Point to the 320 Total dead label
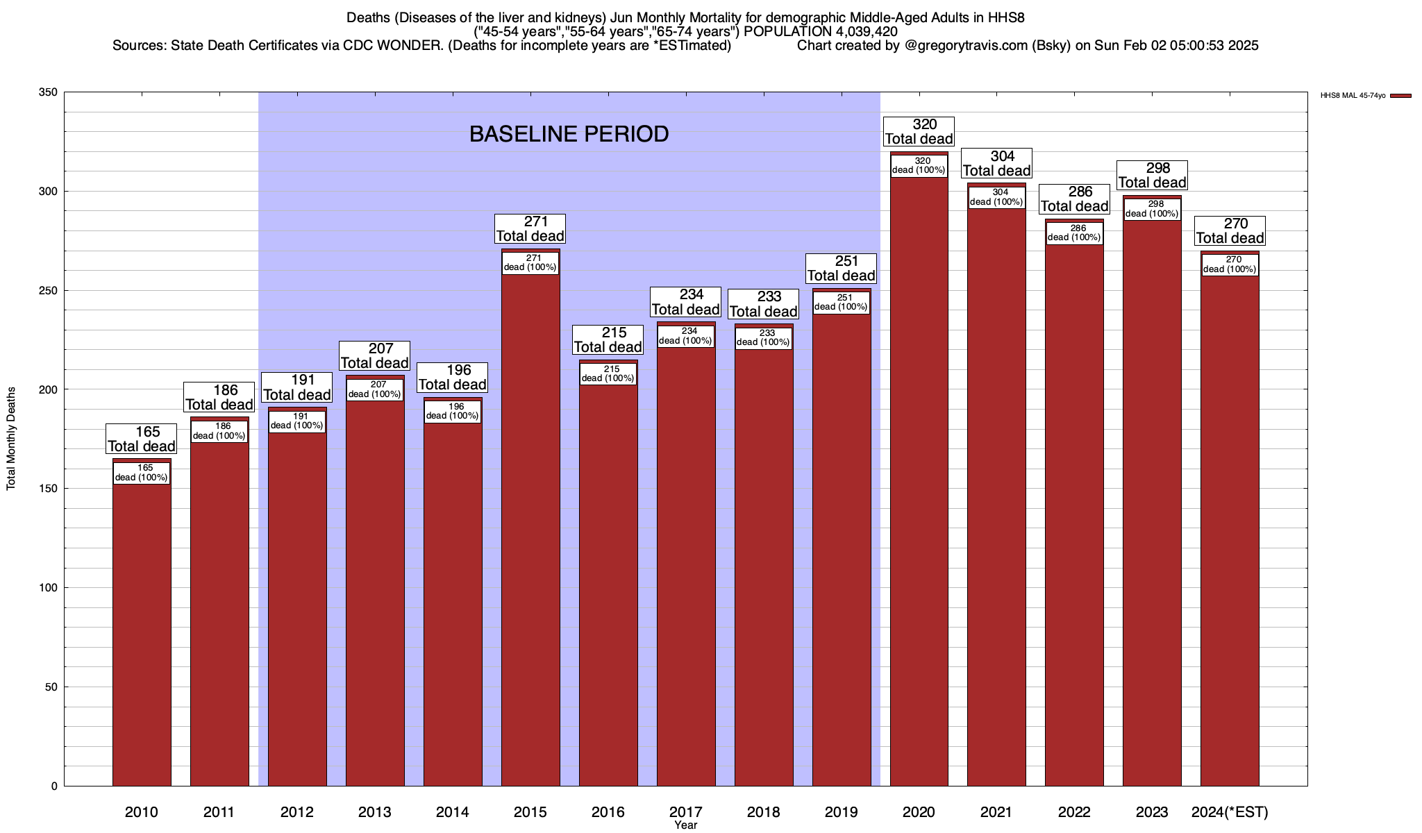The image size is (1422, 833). point(919,132)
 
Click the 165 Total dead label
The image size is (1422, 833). point(142,439)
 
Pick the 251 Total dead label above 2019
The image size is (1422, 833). point(841,269)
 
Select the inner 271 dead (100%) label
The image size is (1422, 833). point(530,263)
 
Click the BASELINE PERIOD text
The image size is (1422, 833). point(569,134)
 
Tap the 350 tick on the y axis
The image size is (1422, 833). point(49,92)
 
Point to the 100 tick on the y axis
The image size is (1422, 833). point(49,588)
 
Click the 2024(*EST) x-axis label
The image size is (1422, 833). point(1230,812)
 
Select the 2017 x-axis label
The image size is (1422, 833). point(686,812)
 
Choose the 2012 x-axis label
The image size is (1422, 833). point(297,812)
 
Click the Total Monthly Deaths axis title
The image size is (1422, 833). point(11,439)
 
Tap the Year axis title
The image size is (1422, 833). point(686,825)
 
